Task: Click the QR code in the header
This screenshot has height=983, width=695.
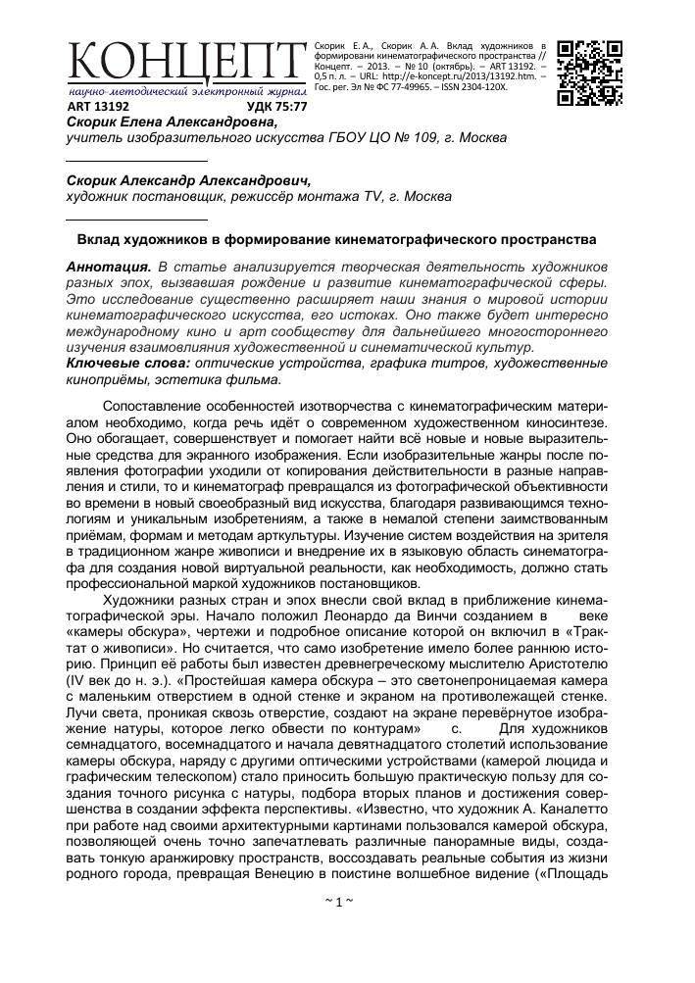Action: (590, 73)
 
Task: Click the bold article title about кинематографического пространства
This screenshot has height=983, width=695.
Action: (337, 239)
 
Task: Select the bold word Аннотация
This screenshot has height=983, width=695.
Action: (107, 267)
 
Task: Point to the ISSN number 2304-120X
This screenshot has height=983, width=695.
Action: (480, 86)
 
